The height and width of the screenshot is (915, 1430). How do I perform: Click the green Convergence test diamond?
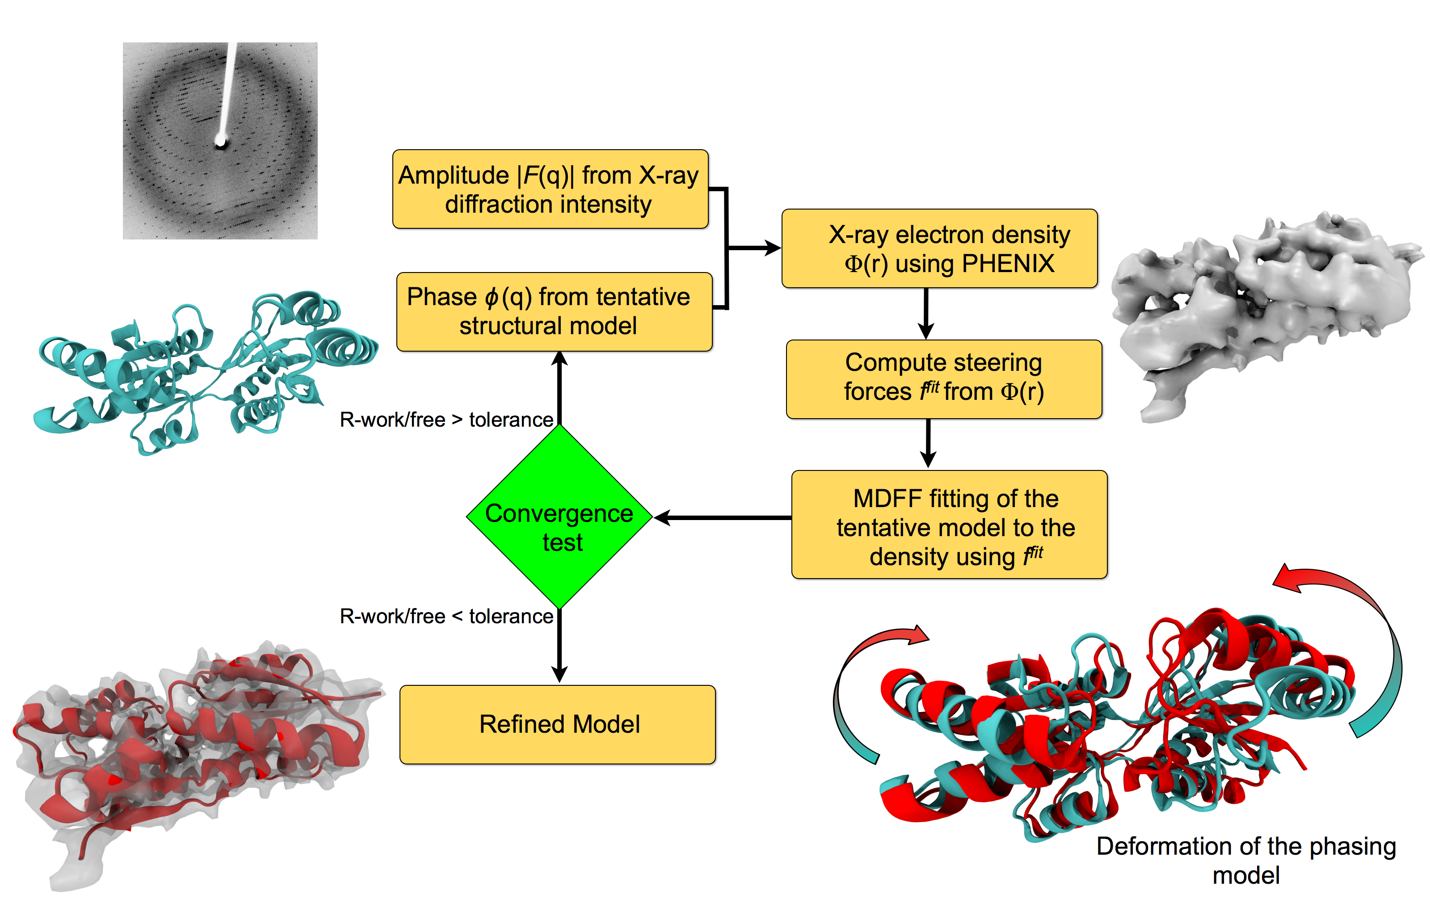pos(559,517)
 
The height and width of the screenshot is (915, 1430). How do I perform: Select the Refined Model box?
pos(557,724)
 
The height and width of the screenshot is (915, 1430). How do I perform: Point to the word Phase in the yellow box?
pos(442,297)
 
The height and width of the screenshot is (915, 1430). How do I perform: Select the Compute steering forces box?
pos(943,379)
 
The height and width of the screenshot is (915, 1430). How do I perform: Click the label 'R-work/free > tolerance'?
pos(446,420)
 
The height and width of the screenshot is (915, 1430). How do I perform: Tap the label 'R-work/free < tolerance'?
pos(446,616)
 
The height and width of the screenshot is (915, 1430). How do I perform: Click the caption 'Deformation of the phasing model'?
pos(1245,860)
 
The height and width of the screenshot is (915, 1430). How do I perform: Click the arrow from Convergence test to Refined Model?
pos(559,648)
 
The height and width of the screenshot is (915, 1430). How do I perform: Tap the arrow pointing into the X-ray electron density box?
pos(754,248)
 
